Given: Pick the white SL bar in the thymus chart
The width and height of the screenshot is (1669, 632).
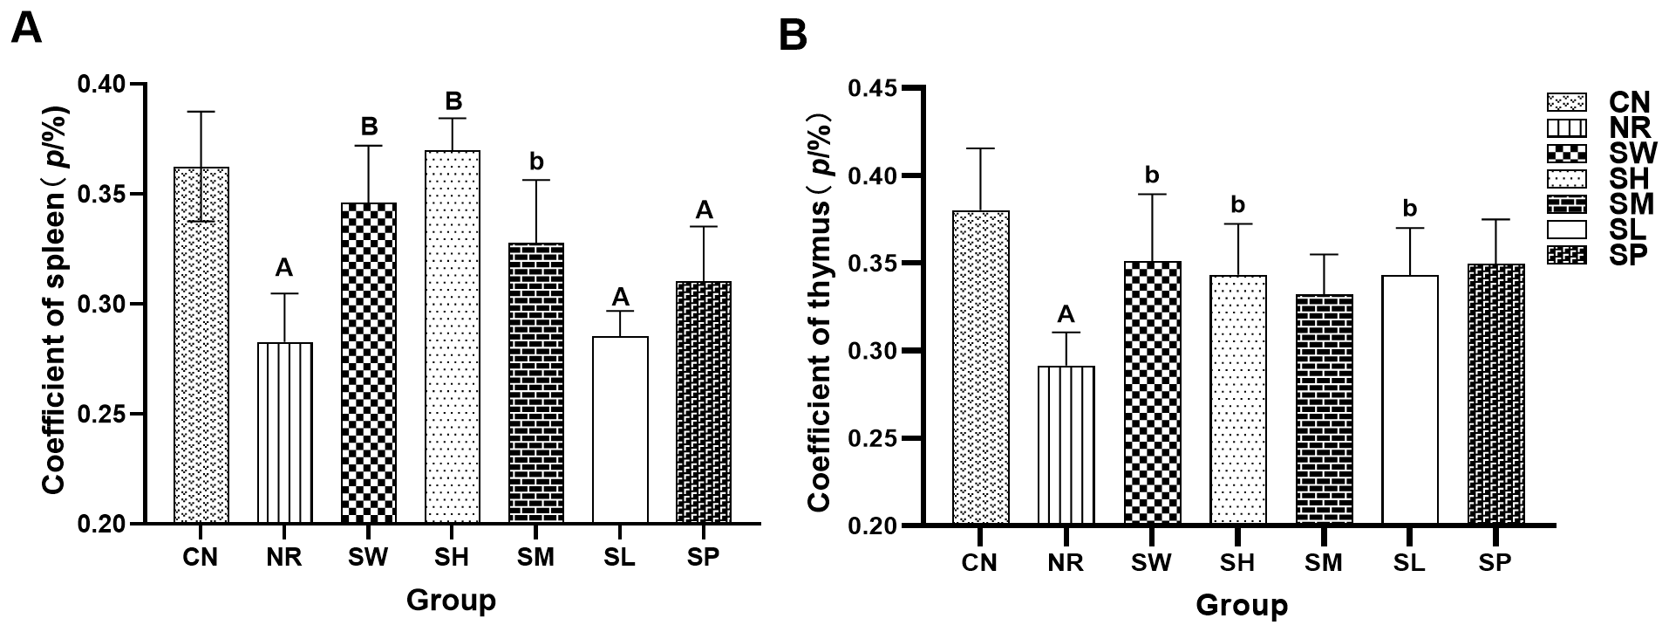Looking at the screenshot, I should pyautogui.click(x=1410, y=401).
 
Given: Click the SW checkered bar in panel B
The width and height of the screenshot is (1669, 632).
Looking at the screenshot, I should pyautogui.click(x=1153, y=393).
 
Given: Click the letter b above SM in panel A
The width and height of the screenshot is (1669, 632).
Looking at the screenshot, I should pyautogui.click(x=536, y=161).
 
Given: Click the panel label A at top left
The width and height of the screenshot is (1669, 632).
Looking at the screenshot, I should pyautogui.click(x=26, y=29).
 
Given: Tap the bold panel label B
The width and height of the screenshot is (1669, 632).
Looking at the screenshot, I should pyautogui.click(x=793, y=36).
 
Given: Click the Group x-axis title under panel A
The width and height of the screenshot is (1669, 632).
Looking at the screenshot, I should pyautogui.click(x=451, y=601).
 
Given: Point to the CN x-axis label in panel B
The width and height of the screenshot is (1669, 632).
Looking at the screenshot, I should pyautogui.click(x=980, y=562).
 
